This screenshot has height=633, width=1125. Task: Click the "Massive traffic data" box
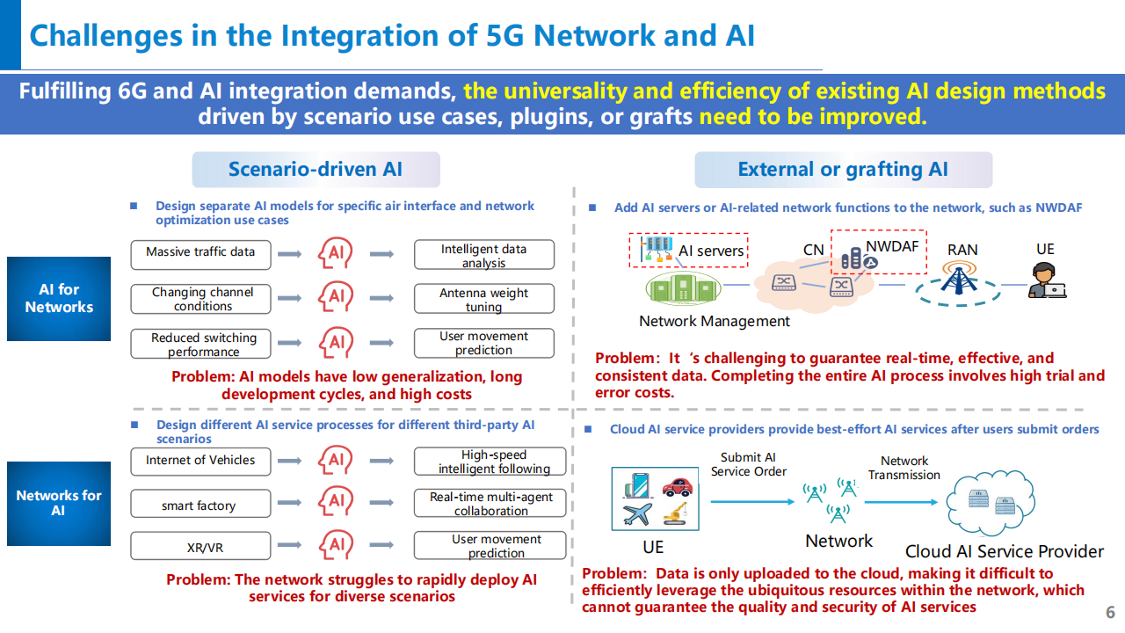[200, 253]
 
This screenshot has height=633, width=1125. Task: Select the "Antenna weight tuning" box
[483, 299]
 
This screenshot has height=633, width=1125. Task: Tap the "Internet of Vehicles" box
[200, 461]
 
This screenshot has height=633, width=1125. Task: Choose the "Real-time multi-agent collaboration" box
[490, 504]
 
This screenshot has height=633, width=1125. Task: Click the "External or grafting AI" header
[843, 170]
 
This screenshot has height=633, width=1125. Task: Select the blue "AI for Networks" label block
[59, 299]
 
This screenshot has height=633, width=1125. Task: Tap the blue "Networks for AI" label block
[59, 503]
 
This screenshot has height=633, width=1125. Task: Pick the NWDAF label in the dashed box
[891, 246]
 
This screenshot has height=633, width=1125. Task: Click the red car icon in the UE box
[676, 486]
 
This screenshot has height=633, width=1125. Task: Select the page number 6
[1110, 612]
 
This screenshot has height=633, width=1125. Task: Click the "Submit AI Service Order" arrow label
[748, 464]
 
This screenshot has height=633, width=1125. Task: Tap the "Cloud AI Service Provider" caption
[1005, 551]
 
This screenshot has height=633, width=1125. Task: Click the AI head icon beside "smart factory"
[336, 503]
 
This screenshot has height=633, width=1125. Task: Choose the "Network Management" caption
[715, 321]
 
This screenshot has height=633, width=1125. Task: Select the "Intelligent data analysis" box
[483, 255]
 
